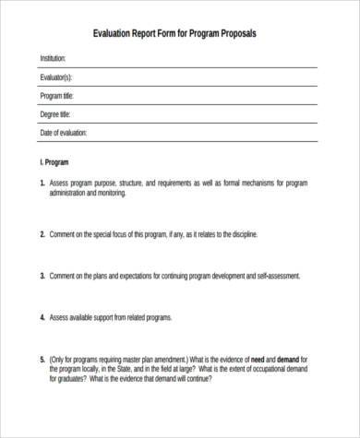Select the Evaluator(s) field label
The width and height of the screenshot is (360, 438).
point(56,77)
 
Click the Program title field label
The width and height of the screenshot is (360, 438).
point(57,96)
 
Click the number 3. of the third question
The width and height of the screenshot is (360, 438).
point(42,276)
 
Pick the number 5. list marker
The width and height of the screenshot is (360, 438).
point(42,358)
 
